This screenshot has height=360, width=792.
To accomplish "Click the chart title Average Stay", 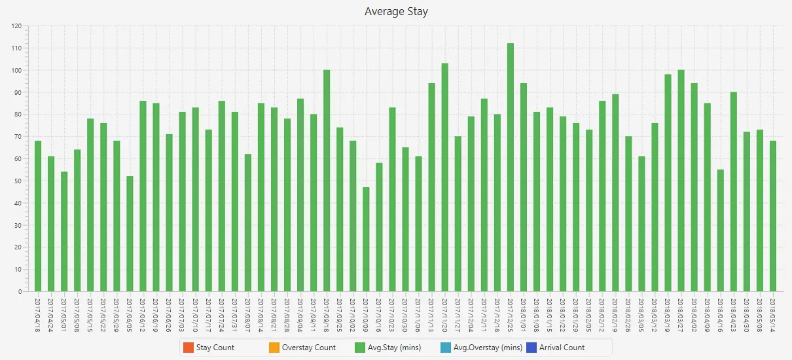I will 396,11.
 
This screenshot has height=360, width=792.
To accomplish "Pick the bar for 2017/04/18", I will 38,216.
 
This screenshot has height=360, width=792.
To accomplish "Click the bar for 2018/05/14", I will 773,216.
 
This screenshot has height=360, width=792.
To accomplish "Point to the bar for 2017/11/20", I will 444,177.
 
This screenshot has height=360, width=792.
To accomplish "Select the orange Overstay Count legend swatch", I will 274,348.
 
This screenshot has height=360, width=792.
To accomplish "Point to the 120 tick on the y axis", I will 16,26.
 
